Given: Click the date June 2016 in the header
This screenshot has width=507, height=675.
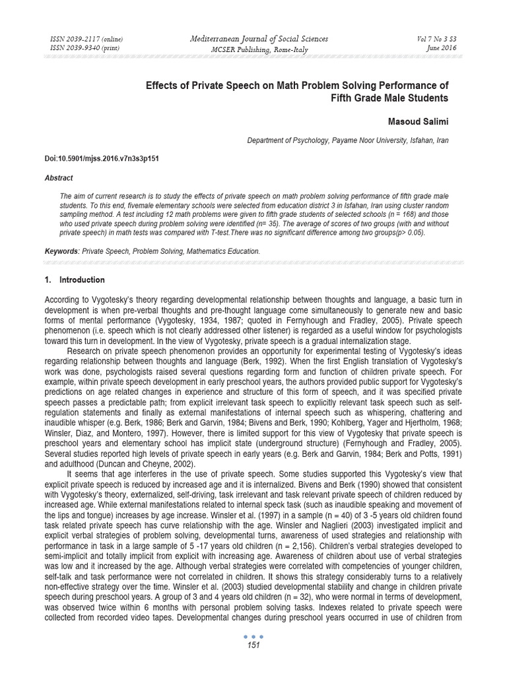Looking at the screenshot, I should coord(442,48).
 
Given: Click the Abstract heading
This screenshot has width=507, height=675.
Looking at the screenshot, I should coord(58,178).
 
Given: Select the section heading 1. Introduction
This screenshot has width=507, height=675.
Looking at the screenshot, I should coord(74,280).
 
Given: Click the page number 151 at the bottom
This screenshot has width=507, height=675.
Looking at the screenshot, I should coord(253,645).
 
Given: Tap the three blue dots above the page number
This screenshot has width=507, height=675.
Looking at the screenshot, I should coord(253,637).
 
